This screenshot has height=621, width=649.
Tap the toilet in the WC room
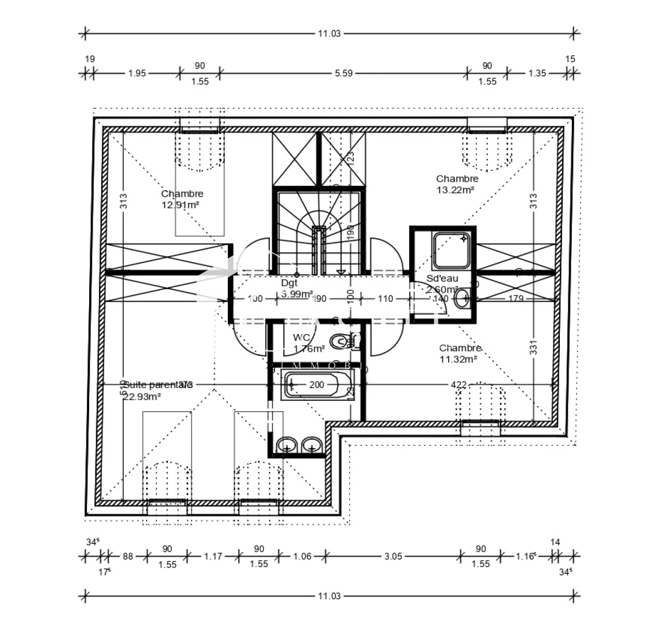341,342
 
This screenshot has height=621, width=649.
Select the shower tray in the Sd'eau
451,251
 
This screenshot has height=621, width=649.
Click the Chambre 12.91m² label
182,199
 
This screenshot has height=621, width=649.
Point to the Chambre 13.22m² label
456,184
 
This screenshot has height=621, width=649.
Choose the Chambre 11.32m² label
460,354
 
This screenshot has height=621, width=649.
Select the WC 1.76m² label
308,343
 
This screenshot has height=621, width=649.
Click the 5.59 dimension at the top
343,73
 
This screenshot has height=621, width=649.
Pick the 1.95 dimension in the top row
137,73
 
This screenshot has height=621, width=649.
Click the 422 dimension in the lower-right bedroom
458,385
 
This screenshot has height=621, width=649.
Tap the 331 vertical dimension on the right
533,348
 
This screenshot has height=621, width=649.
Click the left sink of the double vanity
287,444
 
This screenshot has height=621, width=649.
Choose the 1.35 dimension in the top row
536,73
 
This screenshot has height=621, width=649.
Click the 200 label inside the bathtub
316,385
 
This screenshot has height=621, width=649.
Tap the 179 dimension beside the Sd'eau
515,298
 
